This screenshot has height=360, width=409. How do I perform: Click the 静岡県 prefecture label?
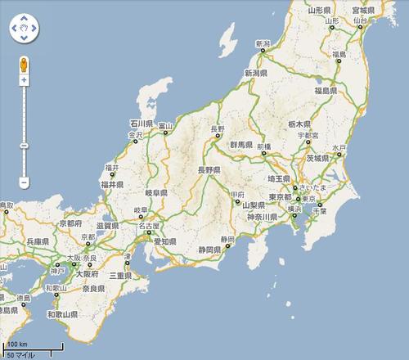pos(210,248)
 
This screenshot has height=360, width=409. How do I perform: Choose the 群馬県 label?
pos(243,143)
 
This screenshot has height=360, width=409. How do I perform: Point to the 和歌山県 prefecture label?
pos(62,313)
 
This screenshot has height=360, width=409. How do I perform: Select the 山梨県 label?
pos(256,205)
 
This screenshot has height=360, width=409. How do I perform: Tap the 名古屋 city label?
pos(149,225)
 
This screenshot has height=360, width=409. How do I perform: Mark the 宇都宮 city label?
pos(308,134)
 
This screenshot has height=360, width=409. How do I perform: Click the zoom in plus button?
pos(24,80)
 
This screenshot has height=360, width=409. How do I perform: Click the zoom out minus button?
pos(24,181)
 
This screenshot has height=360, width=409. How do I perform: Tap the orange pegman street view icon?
pos(24,64)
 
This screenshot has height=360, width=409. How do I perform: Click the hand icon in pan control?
pos(24,30)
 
